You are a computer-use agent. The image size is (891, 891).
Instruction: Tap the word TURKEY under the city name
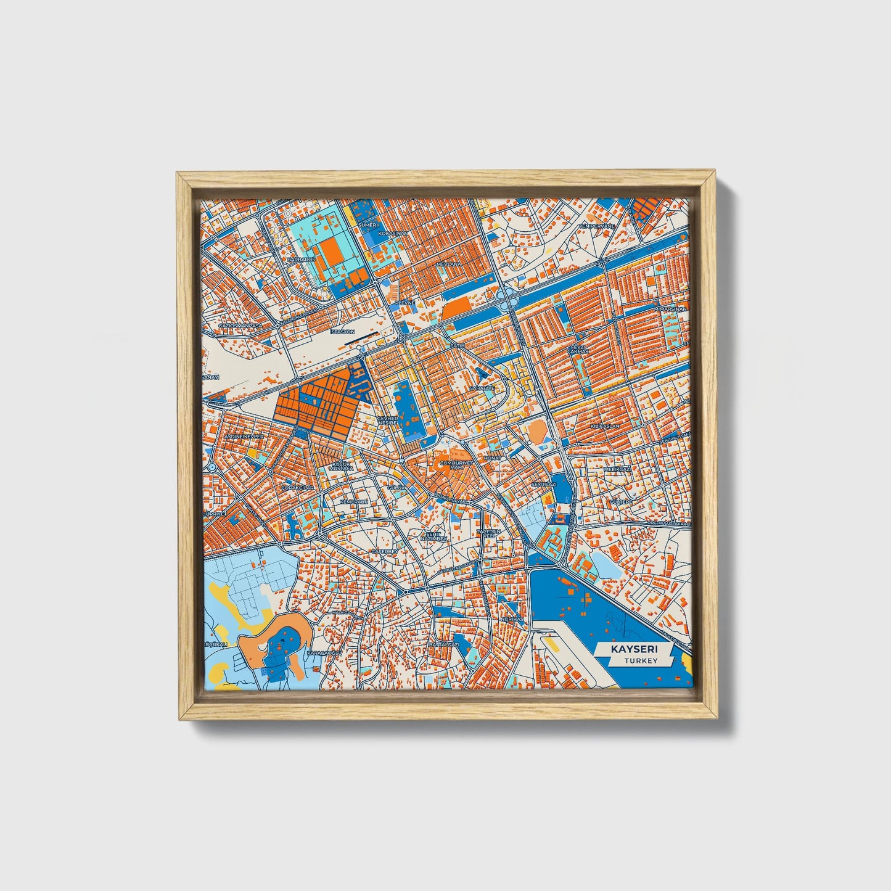[x=640, y=661]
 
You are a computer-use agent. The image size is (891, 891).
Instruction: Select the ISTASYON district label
[x=343, y=332]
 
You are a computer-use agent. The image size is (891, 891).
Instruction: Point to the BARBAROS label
[x=302, y=260]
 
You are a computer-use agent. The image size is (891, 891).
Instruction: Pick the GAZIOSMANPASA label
[x=240, y=326]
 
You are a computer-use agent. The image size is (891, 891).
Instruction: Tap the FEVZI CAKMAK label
[x=578, y=350]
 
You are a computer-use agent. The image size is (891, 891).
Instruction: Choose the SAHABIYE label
[x=482, y=388]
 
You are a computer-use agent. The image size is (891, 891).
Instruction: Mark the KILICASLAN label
[x=604, y=426]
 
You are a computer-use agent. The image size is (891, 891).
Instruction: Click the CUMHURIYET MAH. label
[x=456, y=464]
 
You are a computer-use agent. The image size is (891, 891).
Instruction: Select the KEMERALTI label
[x=353, y=502]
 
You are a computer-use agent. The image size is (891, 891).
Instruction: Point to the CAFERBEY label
[x=384, y=551]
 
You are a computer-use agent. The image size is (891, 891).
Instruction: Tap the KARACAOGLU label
[x=325, y=653]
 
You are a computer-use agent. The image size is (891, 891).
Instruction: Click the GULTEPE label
[x=621, y=502]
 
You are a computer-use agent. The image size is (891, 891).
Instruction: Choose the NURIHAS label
[x=512, y=618]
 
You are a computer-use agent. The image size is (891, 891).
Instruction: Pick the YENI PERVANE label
[x=596, y=226]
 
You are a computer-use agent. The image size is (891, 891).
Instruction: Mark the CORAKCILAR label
[x=297, y=487]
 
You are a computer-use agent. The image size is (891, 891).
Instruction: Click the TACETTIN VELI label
[x=487, y=533]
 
